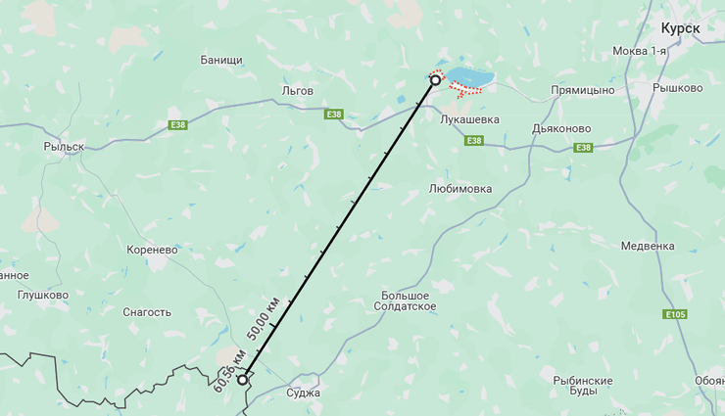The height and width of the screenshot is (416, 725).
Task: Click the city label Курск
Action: (x=680, y=28)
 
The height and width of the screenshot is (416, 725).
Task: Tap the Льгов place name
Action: (x=297, y=90)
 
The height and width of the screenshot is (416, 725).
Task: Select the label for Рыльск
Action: (x=64, y=146)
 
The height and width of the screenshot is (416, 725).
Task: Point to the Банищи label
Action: (x=220, y=60)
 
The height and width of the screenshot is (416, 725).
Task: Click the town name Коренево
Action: (x=152, y=250)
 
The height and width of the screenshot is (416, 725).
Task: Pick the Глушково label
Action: (x=43, y=295)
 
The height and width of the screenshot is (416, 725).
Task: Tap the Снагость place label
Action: (x=147, y=312)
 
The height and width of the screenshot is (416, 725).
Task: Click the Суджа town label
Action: (x=304, y=393)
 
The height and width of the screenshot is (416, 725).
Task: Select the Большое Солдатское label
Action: (x=405, y=300)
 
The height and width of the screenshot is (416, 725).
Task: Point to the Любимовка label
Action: (x=460, y=189)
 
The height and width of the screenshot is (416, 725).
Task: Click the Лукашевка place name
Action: (x=470, y=119)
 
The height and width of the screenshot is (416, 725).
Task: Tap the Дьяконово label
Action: (x=561, y=126)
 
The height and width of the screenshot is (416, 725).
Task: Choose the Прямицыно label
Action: (x=582, y=90)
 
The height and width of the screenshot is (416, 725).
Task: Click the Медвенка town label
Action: (x=649, y=246)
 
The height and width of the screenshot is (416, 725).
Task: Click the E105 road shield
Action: (x=674, y=314)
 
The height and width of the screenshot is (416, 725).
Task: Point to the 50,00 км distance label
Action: (x=264, y=317)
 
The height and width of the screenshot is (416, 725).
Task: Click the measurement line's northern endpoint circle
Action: (x=435, y=80)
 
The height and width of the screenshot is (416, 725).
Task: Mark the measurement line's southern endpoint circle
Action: (x=242, y=379)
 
